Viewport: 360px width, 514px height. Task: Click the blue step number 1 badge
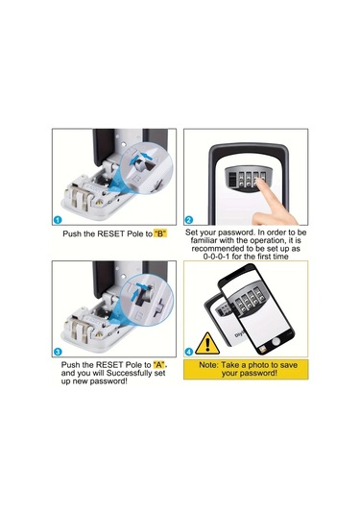tap(58, 220)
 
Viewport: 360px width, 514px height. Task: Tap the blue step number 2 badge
tap(189, 220)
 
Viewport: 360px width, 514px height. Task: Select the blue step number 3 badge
tap(58, 352)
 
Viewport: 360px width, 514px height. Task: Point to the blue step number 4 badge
tap(189, 352)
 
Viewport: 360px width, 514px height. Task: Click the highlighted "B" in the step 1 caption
tap(160, 233)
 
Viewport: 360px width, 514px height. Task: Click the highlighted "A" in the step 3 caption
tap(160, 365)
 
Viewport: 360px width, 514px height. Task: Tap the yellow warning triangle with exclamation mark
tap(207, 344)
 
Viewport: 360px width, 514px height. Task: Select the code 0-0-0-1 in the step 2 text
tap(217, 257)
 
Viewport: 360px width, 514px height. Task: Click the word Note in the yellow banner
tap(208, 365)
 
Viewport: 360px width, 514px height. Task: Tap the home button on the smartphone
tap(277, 342)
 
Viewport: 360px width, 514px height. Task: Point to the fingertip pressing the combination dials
tap(261, 183)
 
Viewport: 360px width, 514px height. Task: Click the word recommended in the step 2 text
tap(218, 249)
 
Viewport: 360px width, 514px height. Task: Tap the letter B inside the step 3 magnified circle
tap(138, 316)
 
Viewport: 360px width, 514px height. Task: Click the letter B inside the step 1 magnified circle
tap(138, 179)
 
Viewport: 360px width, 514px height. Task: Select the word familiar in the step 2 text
tap(204, 240)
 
